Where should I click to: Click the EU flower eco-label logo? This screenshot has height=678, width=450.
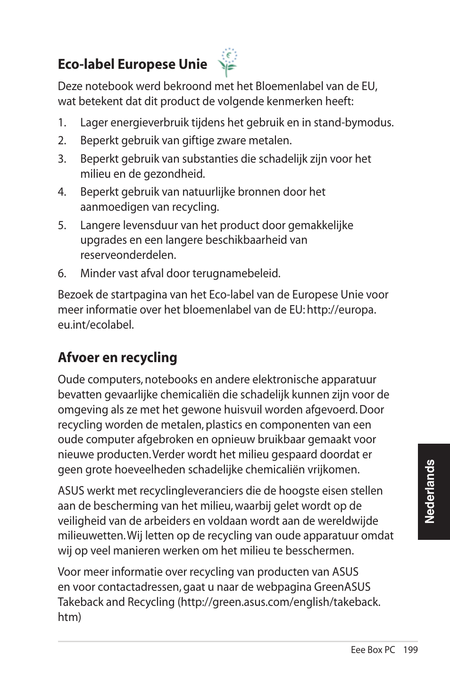(228, 62)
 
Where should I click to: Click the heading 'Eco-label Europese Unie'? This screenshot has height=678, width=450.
(132, 64)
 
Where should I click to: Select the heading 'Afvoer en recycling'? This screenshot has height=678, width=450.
(117, 357)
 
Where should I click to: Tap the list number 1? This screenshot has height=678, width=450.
(62, 123)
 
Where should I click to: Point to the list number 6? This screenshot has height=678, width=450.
(62, 273)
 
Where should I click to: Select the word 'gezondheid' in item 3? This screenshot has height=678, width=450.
(177, 174)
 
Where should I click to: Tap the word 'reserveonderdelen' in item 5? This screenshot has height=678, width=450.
(128, 255)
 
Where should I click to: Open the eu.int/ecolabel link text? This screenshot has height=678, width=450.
(96, 325)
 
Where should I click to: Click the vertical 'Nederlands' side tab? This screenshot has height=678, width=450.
(430, 491)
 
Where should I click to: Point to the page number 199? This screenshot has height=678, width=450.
(410, 650)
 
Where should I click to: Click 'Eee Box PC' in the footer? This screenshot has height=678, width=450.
(373, 650)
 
